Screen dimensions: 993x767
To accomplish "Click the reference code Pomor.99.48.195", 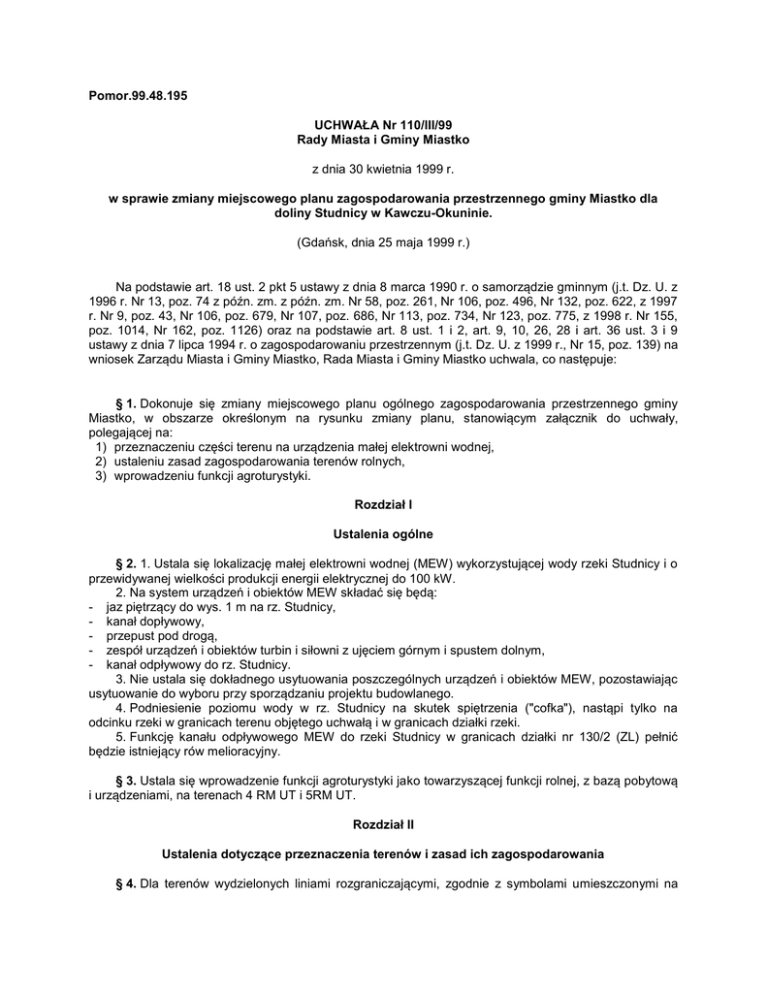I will pos(137,97).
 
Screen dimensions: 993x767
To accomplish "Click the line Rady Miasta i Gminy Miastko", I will pos(382,140).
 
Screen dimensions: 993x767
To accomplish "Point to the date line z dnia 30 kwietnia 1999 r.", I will pos(382,169).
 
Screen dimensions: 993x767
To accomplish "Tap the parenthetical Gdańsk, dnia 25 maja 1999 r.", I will pos(382,241).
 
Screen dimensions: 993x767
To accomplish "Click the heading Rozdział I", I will pos(383,505).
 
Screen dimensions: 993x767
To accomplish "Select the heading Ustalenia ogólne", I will pos(383,534).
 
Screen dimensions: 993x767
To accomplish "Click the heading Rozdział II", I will pos(383,824).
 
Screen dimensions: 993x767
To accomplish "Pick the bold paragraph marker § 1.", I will pos(126,403).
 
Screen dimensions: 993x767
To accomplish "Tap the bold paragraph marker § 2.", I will pos(126,564).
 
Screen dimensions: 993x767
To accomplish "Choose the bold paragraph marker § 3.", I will pos(126,781).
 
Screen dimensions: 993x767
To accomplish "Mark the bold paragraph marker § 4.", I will pos(126,883).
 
